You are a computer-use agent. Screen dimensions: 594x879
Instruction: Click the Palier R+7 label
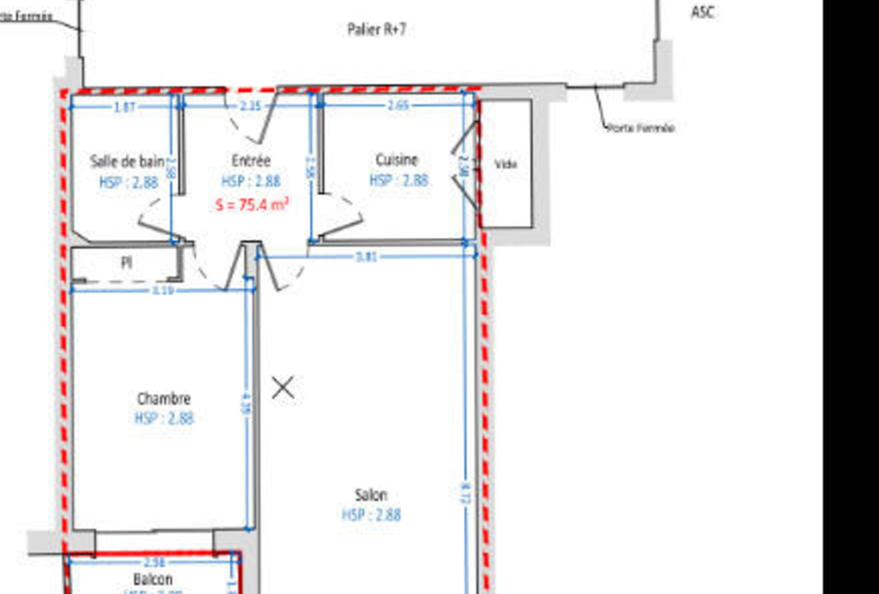pyautogui.click(x=377, y=30)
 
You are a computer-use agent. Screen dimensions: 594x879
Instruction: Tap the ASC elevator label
pyautogui.click(x=702, y=12)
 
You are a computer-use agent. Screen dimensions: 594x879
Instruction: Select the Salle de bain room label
pyautogui.click(x=127, y=162)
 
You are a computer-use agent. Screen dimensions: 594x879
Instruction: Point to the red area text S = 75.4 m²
pyautogui.click(x=252, y=204)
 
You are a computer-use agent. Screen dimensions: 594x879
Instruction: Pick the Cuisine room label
pyautogui.click(x=397, y=160)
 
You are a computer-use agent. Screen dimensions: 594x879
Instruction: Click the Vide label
pyautogui.click(x=505, y=164)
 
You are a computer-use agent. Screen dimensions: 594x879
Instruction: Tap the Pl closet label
pyautogui.click(x=126, y=262)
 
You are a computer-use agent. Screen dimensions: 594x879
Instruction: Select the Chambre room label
pyautogui.click(x=163, y=398)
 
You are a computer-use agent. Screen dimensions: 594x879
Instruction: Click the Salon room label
pyautogui.click(x=371, y=495)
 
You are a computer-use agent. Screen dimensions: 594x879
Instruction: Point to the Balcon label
pyautogui.click(x=153, y=579)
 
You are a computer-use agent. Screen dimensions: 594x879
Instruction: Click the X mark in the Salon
pyautogui.click(x=283, y=388)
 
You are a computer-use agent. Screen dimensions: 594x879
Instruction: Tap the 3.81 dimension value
pyautogui.click(x=366, y=256)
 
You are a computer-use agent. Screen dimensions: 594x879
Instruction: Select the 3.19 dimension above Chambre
pyautogui.click(x=162, y=291)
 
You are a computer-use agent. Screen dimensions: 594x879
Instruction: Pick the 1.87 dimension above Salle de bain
pyautogui.click(x=124, y=108)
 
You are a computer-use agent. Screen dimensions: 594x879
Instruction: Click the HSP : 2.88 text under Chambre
pyautogui.click(x=164, y=418)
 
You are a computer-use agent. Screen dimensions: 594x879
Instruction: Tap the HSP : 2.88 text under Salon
pyautogui.click(x=371, y=515)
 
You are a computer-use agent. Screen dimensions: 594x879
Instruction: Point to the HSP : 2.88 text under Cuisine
pyautogui.click(x=398, y=180)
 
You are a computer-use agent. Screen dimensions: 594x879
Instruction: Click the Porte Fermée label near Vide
pyautogui.click(x=641, y=127)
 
